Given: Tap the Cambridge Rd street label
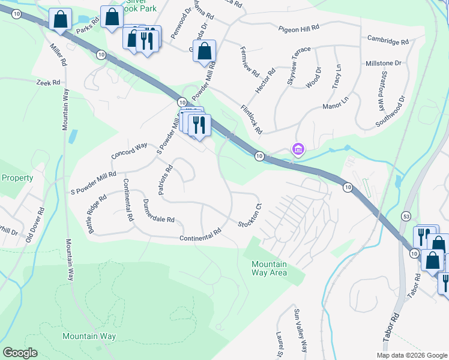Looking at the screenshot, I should point(388,42).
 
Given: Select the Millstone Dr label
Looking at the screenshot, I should point(383,63).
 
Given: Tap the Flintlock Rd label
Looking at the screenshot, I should point(252,119).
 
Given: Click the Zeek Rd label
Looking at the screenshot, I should point(48,82).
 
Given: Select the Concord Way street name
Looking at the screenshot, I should point(129,151).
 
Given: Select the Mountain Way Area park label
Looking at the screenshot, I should point(269,268).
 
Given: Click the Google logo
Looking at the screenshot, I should point(20,353).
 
